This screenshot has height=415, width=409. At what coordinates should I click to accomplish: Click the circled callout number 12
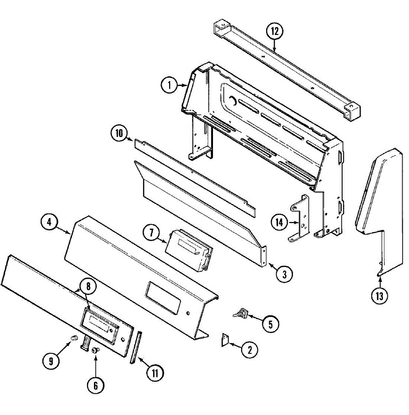[275, 31]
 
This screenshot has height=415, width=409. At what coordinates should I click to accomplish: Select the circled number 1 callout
[169, 85]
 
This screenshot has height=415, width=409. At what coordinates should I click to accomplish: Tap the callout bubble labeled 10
[119, 133]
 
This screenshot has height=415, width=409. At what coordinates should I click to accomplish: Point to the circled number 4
[49, 222]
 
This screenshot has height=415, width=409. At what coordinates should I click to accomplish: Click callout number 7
[152, 233]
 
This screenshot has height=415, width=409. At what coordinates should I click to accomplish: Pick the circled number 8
[88, 286]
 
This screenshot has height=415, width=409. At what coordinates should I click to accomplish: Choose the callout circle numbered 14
[280, 222]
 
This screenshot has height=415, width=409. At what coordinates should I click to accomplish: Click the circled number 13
[380, 296]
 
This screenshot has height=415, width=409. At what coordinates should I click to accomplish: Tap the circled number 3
[284, 274]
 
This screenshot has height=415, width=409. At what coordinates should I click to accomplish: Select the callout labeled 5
[271, 324]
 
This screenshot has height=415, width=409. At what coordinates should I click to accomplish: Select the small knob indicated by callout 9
[74, 338]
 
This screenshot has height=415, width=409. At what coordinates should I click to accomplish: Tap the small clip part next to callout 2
[225, 340]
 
